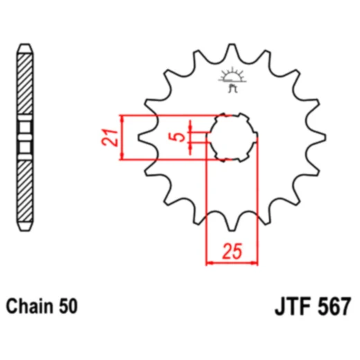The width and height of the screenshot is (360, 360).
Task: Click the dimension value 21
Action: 107,137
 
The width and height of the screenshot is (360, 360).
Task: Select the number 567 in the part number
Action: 334,305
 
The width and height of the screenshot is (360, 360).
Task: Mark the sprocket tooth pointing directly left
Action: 144,136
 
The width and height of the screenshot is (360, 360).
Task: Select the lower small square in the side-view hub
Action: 26,146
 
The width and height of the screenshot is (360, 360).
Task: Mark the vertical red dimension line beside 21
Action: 123,137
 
